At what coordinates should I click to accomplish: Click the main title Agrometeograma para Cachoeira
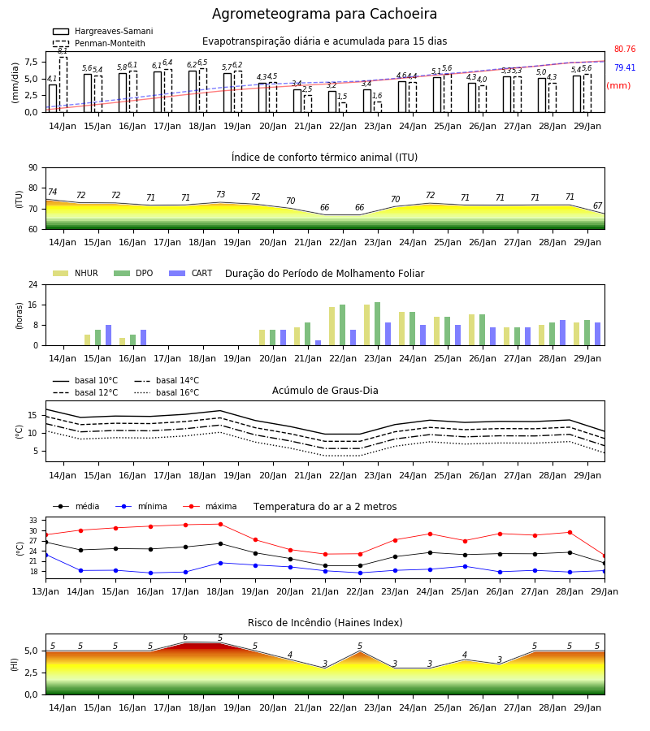coord(324,14)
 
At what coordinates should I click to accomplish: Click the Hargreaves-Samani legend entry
coord(103,31)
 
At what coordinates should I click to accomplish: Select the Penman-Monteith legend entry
coord(99,43)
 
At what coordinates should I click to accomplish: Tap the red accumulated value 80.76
coord(625,49)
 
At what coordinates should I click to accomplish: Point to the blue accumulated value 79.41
coord(625,67)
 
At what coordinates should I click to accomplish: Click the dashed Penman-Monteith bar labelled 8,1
coord(63,84)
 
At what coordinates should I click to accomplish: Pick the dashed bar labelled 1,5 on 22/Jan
coord(343,107)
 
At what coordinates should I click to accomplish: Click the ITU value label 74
coord(52,192)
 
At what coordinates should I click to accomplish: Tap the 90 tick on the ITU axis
coord(32,168)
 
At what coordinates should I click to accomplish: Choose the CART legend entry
coord(191,273)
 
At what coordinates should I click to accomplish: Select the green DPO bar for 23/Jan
coord(377,324)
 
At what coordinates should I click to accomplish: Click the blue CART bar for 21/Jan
coord(318,343)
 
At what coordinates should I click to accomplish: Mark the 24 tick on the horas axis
coord(32,284)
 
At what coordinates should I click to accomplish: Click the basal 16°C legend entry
coord(167,392)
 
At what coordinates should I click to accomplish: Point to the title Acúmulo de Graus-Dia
coord(325,391)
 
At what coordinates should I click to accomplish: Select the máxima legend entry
coord(210,506)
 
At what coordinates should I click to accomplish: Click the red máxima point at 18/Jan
coord(220,524)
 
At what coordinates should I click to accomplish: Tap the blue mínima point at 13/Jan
coord(45,555)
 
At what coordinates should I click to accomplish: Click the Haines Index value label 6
coord(185,638)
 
